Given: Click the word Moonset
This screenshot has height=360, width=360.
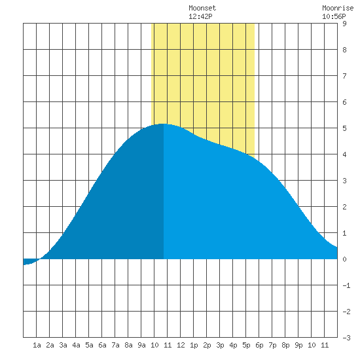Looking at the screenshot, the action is point(202,8).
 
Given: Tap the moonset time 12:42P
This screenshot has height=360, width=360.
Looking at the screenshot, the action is point(200,16).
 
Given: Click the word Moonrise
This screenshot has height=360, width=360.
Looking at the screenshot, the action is point(338,8).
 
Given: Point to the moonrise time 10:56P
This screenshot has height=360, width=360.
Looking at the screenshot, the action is point(334,16).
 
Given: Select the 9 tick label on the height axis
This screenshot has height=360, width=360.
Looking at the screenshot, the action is point(344,24).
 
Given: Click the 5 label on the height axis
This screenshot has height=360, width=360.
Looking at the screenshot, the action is point(344,128).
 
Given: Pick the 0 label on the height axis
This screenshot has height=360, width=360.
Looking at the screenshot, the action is point(344,259).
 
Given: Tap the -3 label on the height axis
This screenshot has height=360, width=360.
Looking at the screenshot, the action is point(346,338).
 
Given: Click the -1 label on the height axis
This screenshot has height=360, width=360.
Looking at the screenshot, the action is point(346,285).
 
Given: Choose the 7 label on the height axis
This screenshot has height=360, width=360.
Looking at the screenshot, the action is point(344,76).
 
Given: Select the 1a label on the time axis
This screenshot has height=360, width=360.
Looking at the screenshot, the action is point(37,345).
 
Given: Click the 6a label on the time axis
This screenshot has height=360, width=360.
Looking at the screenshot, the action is point(102,345).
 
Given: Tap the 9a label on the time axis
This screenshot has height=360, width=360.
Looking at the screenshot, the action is point(141,345).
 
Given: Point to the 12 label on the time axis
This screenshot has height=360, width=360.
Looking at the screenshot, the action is point(181,345).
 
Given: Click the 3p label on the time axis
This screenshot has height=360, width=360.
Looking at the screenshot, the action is point(220,345).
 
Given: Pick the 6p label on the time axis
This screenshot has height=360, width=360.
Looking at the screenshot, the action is point(259,345).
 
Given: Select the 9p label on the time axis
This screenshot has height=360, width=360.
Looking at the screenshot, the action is point(298,345).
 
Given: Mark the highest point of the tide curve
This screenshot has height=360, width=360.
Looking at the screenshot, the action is point(163,124).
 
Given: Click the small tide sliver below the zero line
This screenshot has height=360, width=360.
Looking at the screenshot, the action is point(30,262).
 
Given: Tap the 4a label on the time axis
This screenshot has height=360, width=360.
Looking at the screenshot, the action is point(76,345).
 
